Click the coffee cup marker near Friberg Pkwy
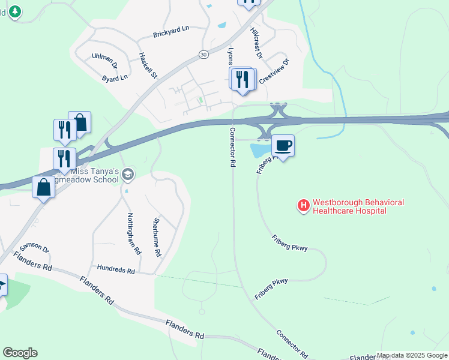coord(283,145)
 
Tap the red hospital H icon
coord(304,206)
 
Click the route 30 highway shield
coord(204,54)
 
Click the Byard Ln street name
coord(115,78)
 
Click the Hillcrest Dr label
coord(256,43)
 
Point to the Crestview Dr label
coord(274,71)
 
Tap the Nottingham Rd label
coord(133,233)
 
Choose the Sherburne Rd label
coord(157,237)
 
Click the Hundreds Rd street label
coord(116,270)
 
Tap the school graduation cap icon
coord(127,175)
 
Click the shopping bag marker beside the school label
coord(44,187)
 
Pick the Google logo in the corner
coord(20,353)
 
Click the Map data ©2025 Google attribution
coord(412,356)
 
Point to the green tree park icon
coord(13,11)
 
